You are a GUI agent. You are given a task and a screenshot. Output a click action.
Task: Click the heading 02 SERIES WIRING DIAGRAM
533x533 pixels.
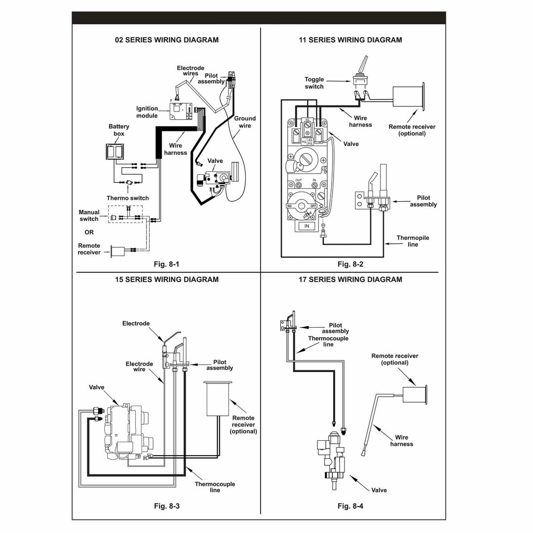pyautogui.click(x=166, y=40)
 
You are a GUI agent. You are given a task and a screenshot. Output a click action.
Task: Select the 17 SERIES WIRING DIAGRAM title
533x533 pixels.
pyautogui.click(x=350, y=279)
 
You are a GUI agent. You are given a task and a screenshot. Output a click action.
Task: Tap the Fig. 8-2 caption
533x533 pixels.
pyautogui.click(x=350, y=264)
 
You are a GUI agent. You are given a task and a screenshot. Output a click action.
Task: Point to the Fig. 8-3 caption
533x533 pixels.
pyautogui.click(x=166, y=506)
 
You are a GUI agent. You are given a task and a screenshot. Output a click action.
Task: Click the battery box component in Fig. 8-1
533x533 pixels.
pyautogui.click(x=115, y=152)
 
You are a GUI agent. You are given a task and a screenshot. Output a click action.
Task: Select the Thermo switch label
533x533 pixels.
pyautogui.click(x=127, y=198)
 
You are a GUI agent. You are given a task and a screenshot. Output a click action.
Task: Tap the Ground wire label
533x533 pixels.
pyautogui.click(x=245, y=122)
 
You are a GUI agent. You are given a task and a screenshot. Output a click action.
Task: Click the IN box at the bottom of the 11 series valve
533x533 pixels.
pyautogui.click(x=306, y=226)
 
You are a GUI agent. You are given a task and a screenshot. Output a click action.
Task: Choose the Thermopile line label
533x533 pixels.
pyautogui.click(x=413, y=241)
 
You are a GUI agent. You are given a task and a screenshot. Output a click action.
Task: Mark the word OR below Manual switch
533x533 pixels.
pyautogui.click(x=89, y=232)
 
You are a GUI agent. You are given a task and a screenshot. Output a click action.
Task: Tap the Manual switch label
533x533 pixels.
pyautogui.click(x=89, y=216)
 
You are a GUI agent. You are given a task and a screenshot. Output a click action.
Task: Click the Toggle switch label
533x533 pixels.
pyautogui.click(x=314, y=83)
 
